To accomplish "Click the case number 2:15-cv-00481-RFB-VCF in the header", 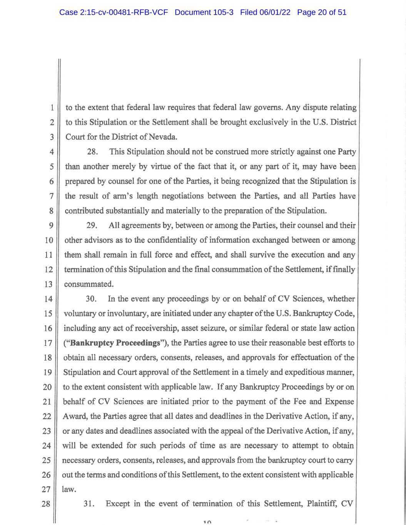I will (x=114, y=12).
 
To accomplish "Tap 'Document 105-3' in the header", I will (x=204, y=12).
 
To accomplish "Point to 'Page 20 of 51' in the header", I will (x=322, y=12).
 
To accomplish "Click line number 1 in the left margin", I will (x=52, y=108).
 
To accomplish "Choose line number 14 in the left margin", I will (x=48, y=299).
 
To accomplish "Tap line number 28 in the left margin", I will (x=46, y=504).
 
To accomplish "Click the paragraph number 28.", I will (x=92, y=152).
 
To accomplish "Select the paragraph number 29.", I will (x=92, y=225).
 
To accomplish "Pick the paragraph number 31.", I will (x=89, y=504).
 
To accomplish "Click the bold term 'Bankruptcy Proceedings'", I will (x=115, y=343).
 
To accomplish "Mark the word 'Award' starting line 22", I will (x=74, y=417).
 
